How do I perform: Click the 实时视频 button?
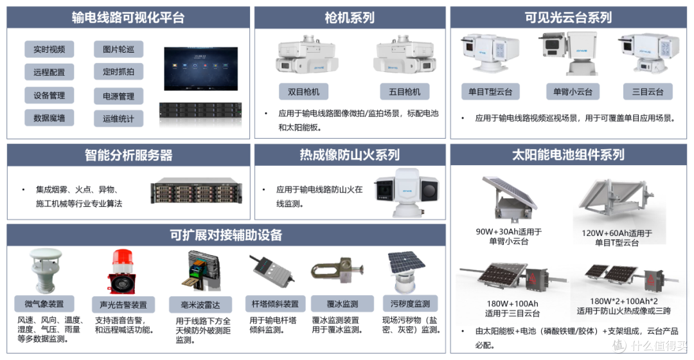49,49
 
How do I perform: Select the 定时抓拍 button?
118,72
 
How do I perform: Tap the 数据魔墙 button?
49,118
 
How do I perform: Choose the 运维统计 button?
118,119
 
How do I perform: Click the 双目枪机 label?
303,92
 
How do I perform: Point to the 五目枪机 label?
405,92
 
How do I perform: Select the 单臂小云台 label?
573,92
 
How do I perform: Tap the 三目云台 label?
648,92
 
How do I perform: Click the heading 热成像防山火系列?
350,155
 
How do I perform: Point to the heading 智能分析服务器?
129,155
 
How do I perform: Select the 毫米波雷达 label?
200,305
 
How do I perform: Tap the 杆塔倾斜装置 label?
275,304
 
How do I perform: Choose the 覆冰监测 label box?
343,304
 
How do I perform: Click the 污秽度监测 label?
410,304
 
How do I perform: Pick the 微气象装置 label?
44,304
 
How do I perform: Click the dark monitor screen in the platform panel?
201,69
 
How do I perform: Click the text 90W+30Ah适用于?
508,231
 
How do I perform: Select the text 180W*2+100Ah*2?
623,301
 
